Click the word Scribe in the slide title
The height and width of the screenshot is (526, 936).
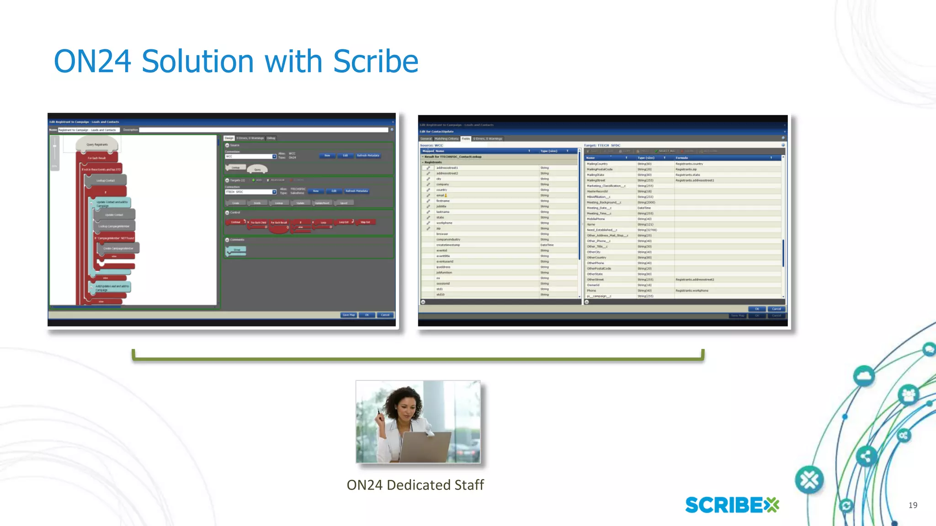375,62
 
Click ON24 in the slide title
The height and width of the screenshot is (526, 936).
93,62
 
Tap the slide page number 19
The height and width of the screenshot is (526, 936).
913,505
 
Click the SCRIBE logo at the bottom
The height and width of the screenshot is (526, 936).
732,505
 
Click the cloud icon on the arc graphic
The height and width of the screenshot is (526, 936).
863,376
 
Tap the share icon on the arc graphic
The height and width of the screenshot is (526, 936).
865,456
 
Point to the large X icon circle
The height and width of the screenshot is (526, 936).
809,480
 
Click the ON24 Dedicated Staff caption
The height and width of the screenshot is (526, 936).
415,485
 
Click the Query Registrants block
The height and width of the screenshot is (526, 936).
97,145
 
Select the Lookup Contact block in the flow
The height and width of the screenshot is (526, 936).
106,180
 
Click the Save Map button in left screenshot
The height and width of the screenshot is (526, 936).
349,315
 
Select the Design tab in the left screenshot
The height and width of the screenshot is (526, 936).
229,138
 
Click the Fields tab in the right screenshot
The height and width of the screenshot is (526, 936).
465,139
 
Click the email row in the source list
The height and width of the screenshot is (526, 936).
441,195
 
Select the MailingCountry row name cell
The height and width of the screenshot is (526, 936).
597,164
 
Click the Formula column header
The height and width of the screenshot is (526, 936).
682,158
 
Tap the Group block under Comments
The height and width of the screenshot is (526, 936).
237,250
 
